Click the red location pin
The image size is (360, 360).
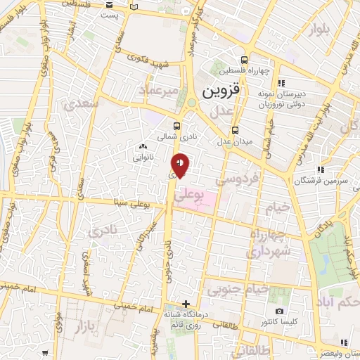pyautogui.click(x=181, y=166)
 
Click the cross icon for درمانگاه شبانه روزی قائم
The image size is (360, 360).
pyautogui.click(x=185, y=304)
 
